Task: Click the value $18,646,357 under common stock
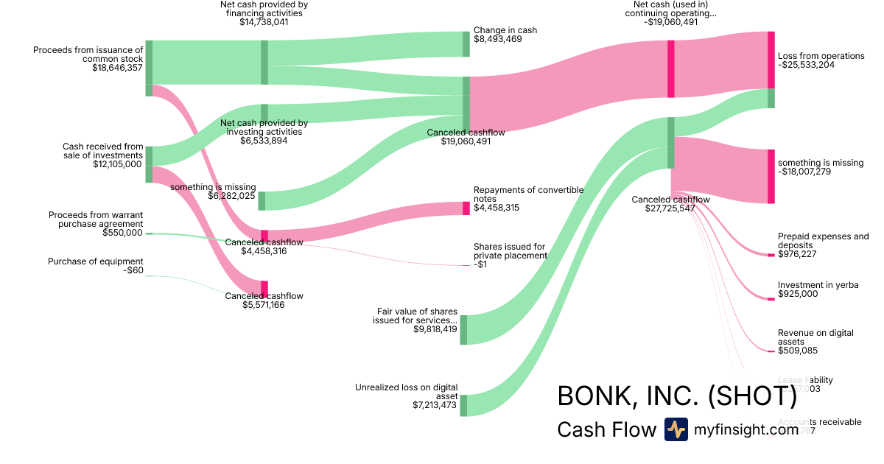pos(117,68)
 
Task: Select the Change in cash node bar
pos(466,44)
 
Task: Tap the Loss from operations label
pos(821,56)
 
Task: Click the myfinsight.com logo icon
pos(676,429)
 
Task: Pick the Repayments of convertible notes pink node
pos(466,208)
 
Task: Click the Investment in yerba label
pos(818,285)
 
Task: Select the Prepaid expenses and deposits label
pos(823,241)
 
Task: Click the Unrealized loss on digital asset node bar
pos(463,405)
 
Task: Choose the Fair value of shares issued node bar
pos(463,329)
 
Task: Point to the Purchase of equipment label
pos(95,261)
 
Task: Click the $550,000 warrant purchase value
pos(122,233)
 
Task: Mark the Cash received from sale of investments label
pos(102,151)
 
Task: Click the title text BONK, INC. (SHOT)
pos(677,396)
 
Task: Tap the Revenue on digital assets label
pos(815,337)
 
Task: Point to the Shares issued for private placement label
pos(510,251)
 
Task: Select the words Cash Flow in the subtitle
pos(606,430)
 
